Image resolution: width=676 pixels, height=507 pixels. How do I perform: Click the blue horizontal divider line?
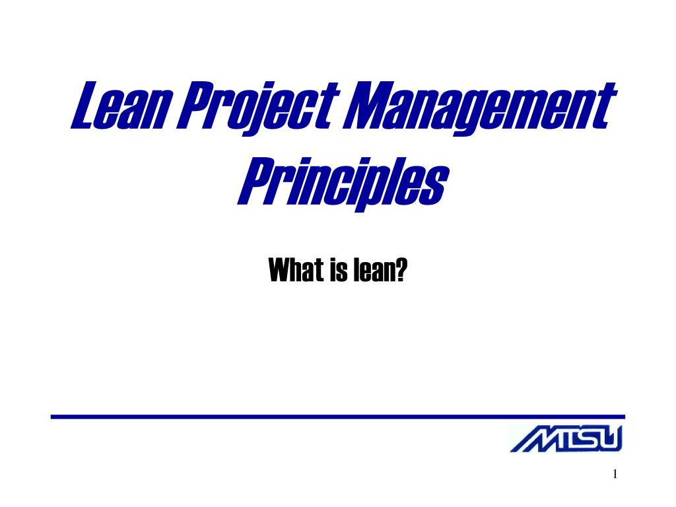338,417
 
